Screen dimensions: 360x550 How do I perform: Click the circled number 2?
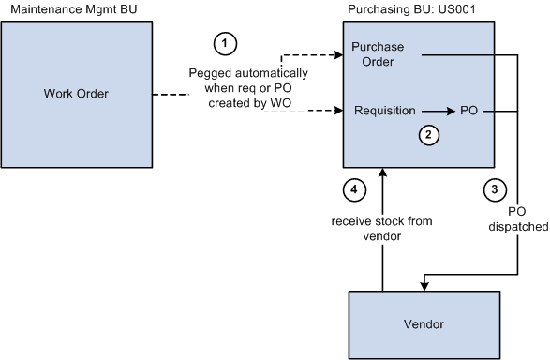tap(428, 135)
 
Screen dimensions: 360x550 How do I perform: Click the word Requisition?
tap(384, 111)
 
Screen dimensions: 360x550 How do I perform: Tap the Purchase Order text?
tap(379, 54)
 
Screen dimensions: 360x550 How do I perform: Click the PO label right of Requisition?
tap(470, 111)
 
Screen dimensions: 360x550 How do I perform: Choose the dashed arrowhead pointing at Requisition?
tap(338, 111)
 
